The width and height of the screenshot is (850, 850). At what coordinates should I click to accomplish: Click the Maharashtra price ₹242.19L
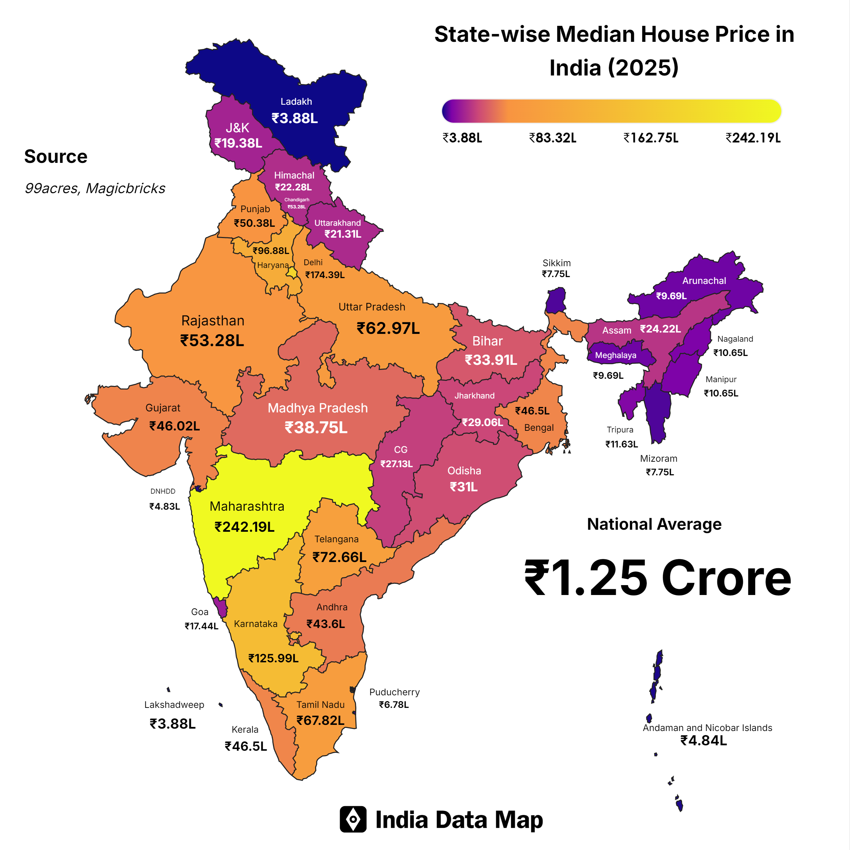(244, 527)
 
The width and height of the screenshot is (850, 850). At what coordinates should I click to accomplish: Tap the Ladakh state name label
(296, 102)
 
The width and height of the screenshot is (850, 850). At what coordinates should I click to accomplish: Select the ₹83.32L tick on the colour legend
(552, 138)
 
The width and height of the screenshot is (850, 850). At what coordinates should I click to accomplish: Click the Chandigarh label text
(296, 200)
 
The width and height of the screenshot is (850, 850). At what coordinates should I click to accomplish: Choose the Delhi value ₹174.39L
(325, 275)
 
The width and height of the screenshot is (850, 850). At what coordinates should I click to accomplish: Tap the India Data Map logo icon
(353, 819)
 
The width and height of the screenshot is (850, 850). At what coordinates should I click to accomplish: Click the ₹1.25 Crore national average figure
(658, 579)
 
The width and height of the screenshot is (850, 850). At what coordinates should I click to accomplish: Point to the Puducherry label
(394, 692)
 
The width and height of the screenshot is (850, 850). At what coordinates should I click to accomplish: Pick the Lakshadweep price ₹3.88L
(172, 724)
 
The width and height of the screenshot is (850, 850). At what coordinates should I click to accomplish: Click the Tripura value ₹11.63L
(621, 444)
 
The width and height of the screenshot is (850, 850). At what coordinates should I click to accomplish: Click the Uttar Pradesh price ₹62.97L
(388, 329)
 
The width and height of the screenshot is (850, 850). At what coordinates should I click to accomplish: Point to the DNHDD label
(163, 491)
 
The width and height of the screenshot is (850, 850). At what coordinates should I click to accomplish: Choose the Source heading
(56, 157)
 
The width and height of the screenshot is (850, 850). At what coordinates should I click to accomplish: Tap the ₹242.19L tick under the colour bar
(753, 138)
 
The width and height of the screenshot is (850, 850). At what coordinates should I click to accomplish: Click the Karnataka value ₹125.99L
(273, 658)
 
